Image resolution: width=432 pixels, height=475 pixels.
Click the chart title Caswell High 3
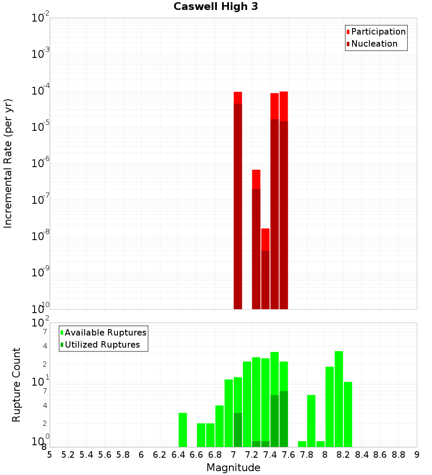pyautogui.click(x=216, y=7)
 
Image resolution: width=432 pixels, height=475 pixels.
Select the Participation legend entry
pyautogui.click(x=378, y=32)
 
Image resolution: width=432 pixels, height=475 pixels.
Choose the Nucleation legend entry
pyautogui.click(x=374, y=44)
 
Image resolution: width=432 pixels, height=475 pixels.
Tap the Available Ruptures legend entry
pyautogui.click(x=105, y=332)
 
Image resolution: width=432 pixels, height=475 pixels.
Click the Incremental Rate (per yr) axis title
pyautogui.click(x=8, y=163)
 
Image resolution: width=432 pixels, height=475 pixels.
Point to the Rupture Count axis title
pyautogui.click(x=16, y=385)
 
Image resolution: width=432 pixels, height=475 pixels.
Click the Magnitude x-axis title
pyautogui.click(x=233, y=468)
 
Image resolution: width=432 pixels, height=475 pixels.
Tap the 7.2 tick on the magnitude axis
pyautogui.click(x=251, y=455)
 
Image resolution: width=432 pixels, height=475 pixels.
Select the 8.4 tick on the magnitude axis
pyautogui.click(x=362, y=455)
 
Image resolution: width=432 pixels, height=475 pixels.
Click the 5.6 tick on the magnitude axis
pyautogui.click(x=105, y=455)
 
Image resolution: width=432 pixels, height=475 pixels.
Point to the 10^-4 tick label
pyautogui.click(x=41, y=91)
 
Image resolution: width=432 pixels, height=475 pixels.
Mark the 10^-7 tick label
pyautogui.click(x=41, y=200)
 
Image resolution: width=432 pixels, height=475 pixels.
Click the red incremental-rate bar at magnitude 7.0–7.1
pyautogui.click(x=238, y=199)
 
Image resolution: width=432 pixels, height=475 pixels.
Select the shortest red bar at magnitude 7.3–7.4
pyautogui.click(x=265, y=268)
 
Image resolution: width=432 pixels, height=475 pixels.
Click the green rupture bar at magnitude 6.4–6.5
pyautogui.click(x=183, y=430)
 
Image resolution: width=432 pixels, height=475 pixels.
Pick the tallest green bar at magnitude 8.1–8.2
pyautogui.click(x=339, y=397)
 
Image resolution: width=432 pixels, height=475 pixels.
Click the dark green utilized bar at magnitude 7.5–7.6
pyautogui.click(x=283, y=419)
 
